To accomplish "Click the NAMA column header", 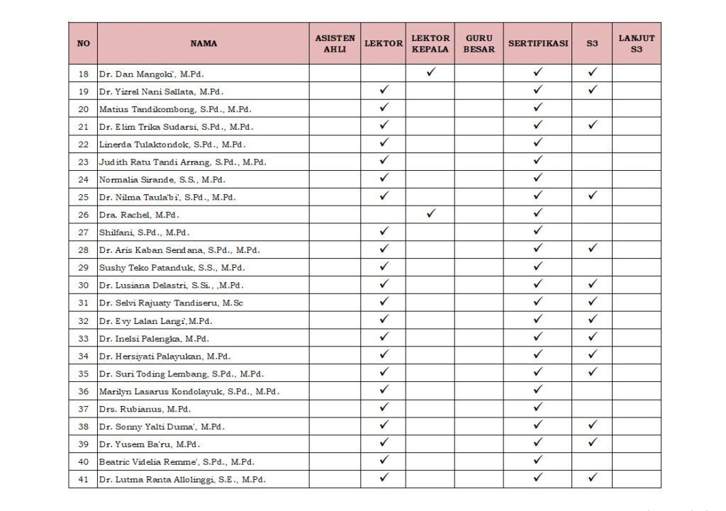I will point(203,43).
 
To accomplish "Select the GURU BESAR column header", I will point(479,43).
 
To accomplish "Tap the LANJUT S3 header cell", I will point(636,43).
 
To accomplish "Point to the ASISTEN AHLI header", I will point(335,43).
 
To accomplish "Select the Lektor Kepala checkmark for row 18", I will point(430,72).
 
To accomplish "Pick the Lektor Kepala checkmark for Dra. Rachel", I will point(430,213).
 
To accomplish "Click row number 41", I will point(84,480).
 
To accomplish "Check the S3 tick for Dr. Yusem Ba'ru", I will point(593,444).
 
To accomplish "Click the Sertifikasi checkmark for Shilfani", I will point(537,231).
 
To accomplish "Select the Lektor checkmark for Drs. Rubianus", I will point(384,408).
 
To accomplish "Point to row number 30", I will point(84,285).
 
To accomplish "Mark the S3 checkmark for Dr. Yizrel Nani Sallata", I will point(593,90).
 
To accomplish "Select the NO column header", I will point(84,43).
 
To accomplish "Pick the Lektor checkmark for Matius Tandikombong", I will point(384,108).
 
